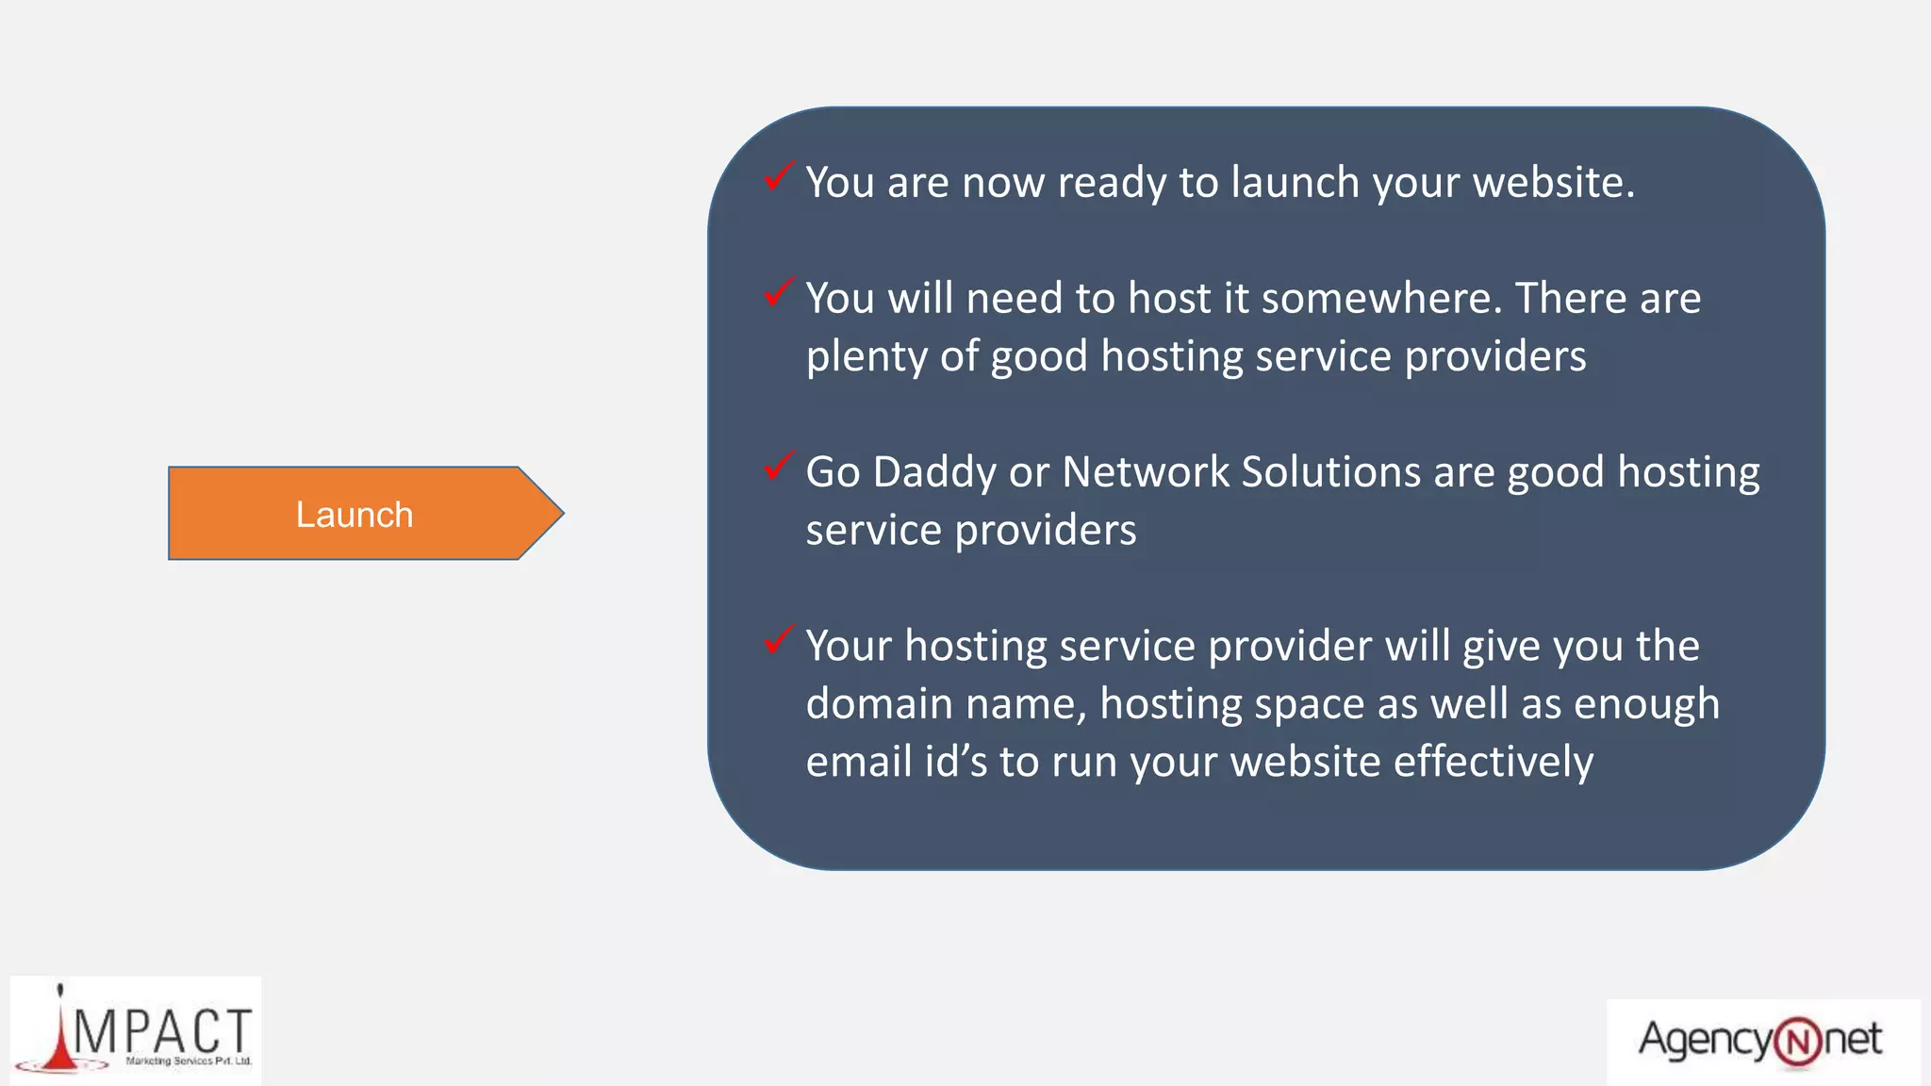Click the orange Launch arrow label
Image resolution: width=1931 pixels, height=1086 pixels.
pos(355,515)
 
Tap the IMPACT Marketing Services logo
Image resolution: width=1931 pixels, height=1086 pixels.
pos(136,1031)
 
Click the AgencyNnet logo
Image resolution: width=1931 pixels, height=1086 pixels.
pos(1761,1041)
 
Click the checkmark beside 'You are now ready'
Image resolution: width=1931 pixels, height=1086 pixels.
pos(778,176)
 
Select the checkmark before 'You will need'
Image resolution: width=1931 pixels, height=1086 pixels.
pos(778,292)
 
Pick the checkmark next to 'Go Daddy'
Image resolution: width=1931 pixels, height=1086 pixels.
pos(778,466)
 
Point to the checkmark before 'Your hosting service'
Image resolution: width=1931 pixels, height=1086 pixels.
pos(778,640)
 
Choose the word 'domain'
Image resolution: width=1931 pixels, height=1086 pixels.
pos(879,704)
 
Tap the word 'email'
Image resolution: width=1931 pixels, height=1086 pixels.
pos(858,762)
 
